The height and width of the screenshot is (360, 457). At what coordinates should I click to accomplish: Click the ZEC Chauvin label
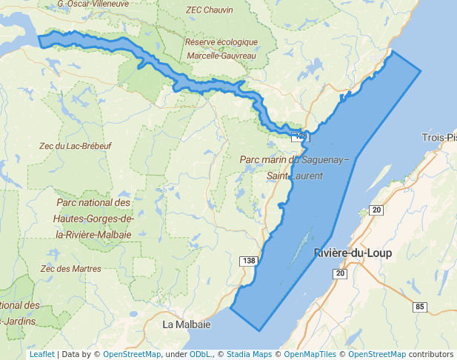210,10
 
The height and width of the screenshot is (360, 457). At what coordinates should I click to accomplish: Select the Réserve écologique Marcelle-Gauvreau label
221,49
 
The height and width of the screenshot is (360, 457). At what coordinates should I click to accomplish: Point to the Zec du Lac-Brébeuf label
76,146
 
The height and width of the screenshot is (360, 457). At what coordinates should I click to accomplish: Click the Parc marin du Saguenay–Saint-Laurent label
294,167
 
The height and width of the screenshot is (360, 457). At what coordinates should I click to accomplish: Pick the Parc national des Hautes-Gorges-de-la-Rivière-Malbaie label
93,218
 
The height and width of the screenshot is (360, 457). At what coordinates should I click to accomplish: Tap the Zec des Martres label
70,268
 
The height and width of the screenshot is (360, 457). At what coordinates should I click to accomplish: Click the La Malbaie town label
187,324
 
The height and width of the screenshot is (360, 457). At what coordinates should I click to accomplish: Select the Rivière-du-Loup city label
353,253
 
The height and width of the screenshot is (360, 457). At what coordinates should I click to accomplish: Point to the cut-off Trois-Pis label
438,137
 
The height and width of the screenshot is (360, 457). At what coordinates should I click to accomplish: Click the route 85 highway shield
421,307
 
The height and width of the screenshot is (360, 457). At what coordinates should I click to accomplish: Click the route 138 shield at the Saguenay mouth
299,136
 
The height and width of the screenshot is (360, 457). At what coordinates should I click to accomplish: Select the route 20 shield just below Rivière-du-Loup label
340,274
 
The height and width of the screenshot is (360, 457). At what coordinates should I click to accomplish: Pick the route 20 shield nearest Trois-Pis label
377,210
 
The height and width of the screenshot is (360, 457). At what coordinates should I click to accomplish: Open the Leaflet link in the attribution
41,354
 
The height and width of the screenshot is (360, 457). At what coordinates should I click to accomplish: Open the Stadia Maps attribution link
247,354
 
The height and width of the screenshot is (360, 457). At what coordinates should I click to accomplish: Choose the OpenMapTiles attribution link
311,354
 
